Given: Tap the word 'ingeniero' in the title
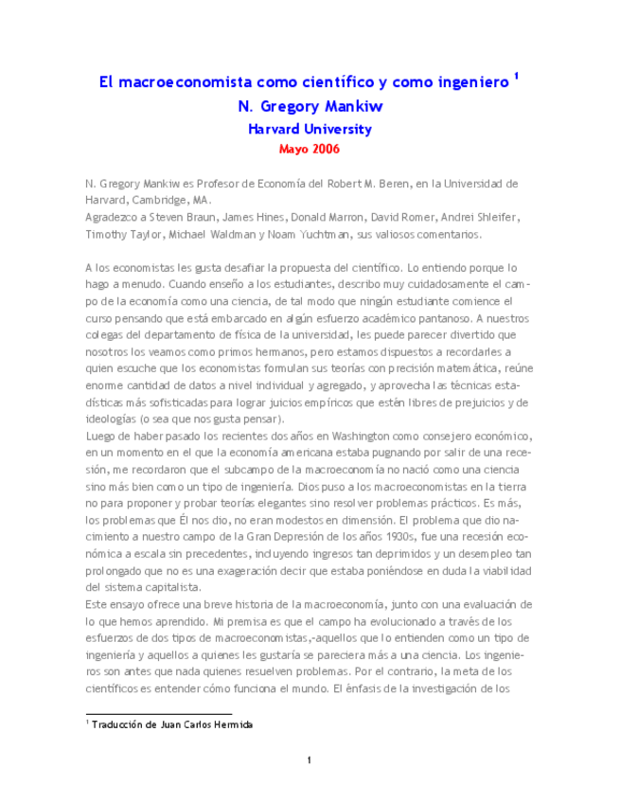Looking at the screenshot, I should click(x=461, y=83).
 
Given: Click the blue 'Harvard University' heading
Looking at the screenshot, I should click(x=310, y=130).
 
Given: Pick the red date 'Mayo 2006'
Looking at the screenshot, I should click(x=310, y=150).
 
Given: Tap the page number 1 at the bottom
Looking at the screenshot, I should click(x=310, y=759).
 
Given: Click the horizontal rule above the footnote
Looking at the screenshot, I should click(x=158, y=714).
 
